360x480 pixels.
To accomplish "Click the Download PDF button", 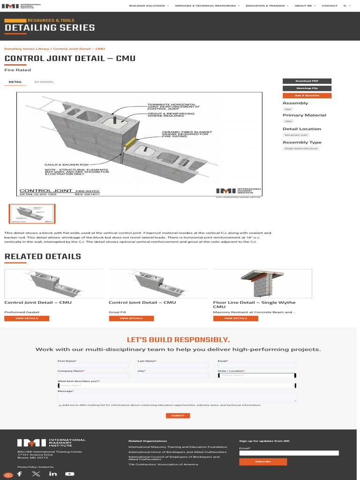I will coord(307,81).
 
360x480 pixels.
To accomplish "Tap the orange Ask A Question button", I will coord(307,96).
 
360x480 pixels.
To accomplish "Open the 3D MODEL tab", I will coord(44,82).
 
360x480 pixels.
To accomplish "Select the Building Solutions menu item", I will coord(149,6).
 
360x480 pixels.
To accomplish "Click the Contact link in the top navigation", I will coord(330,6).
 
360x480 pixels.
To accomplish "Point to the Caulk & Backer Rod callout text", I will coord(67,165).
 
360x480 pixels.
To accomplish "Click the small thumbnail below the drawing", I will coord(32,214).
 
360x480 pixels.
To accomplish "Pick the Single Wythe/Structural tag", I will coord(301,149).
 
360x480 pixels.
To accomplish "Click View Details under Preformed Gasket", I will coord(27,318).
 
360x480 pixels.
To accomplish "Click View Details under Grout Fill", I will coord(131,318).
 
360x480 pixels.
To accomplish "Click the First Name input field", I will coord(93,365).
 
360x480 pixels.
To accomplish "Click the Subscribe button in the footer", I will coord(263,462).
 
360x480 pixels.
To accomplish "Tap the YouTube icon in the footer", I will coord(69,474).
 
